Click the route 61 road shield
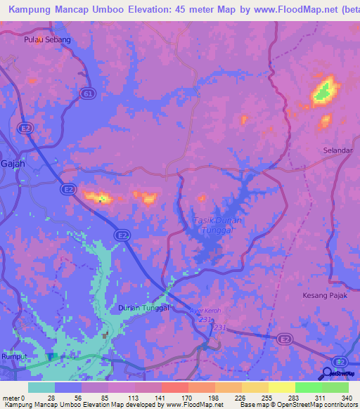point(87,93)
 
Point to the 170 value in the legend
point(187,397)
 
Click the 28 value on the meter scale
point(52,397)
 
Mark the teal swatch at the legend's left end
point(41,387)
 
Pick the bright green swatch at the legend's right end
point(335,387)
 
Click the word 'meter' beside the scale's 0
point(11,397)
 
